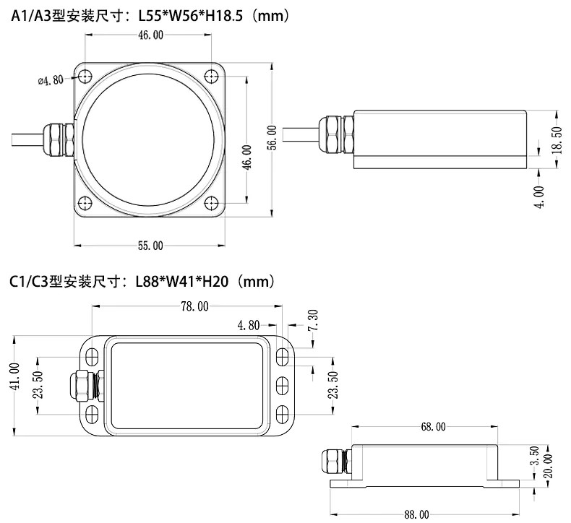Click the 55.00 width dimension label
(150, 246)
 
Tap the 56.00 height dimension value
(272, 138)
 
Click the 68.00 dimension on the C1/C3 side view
(434, 427)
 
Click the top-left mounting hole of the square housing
(85, 76)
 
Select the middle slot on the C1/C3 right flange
(282, 385)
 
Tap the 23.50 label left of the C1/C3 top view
(38, 385)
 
